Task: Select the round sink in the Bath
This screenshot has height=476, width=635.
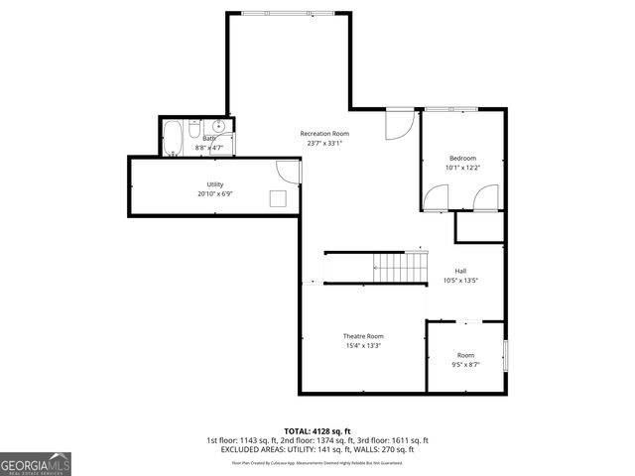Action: coord(218,127)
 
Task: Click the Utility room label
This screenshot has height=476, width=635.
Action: coord(214,184)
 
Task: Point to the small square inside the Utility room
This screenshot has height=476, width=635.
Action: coord(279,197)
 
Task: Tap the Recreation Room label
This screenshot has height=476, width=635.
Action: coord(324,133)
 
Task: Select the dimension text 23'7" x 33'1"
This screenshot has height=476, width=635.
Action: coord(324,143)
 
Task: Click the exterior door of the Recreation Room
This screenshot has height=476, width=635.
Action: coord(398,123)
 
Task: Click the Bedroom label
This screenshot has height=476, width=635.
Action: coord(462,159)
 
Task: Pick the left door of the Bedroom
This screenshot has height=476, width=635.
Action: coord(436,198)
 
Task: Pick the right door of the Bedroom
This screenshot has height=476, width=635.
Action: coord(485,198)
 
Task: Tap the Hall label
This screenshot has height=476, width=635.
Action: coord(460,271)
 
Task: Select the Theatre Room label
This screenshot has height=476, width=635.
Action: coord(363,336)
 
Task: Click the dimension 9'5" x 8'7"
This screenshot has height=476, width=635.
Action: coord(465,365)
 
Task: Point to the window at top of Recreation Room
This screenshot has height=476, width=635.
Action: coord(288,13)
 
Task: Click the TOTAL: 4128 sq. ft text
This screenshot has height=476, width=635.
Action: coord(317,430)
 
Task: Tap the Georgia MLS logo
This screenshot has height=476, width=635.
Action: coord(36,463)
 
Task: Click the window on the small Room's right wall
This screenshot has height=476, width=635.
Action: coord(505,354)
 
